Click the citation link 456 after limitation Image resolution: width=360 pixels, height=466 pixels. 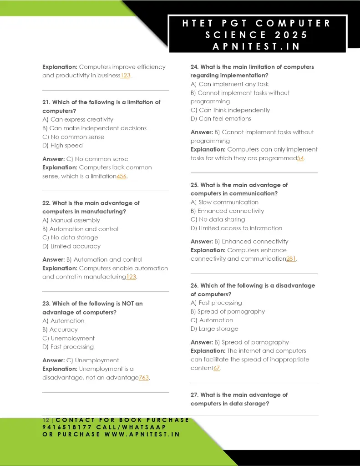pos(122,176)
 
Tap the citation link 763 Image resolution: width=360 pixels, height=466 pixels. pos(144,377)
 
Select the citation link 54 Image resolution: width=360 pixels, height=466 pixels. pos(300,158)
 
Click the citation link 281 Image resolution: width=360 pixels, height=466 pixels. pos(291,258)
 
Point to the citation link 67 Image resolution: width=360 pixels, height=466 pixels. pos(217,368)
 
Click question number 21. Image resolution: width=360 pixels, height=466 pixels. pos(46,102)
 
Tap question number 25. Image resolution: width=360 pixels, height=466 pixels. pos(194,185)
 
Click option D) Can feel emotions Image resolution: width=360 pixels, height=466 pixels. pos(221,119)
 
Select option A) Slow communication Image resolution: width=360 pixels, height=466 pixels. pos(224,203)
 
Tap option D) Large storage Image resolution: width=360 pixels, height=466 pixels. pos(214,329)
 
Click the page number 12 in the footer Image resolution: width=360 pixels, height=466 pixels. pos(45,420)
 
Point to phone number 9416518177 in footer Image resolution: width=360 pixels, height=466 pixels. pos(67,427)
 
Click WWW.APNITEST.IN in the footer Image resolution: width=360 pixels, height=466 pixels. pos(142,434)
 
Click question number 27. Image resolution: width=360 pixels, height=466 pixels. pos(194,395)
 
